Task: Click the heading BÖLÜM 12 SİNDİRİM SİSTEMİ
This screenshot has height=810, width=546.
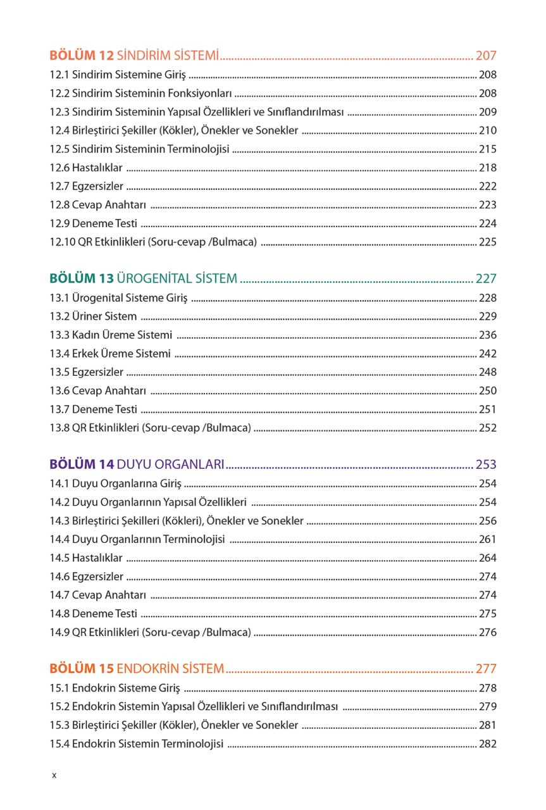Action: pos(134,56)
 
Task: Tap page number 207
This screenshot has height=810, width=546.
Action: pos(486,56)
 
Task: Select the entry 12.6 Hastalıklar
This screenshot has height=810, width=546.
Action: pos(86,168)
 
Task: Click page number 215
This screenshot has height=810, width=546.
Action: pos(488,149)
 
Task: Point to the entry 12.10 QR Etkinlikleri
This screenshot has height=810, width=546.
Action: pos(153,242)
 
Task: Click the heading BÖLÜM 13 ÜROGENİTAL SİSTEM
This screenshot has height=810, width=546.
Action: pos(143,278)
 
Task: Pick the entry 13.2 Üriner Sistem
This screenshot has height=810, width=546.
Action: pos(93,316)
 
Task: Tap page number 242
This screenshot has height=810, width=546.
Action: pos(488,354)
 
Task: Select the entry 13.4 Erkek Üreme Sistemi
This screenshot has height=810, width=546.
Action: pos(110,354)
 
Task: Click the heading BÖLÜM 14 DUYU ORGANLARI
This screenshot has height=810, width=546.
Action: pos(137,464)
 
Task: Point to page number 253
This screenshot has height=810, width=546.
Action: pos(486,464)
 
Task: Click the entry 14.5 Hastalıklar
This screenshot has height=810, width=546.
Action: pos(86,558)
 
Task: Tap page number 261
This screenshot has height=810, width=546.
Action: pos(488,540)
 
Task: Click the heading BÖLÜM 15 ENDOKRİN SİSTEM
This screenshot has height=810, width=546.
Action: pos(137,668)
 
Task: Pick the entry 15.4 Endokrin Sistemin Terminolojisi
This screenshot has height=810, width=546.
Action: pos(137,744)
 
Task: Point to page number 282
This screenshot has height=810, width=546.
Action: pos(488,744)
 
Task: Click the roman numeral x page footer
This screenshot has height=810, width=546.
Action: pos(54,775)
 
